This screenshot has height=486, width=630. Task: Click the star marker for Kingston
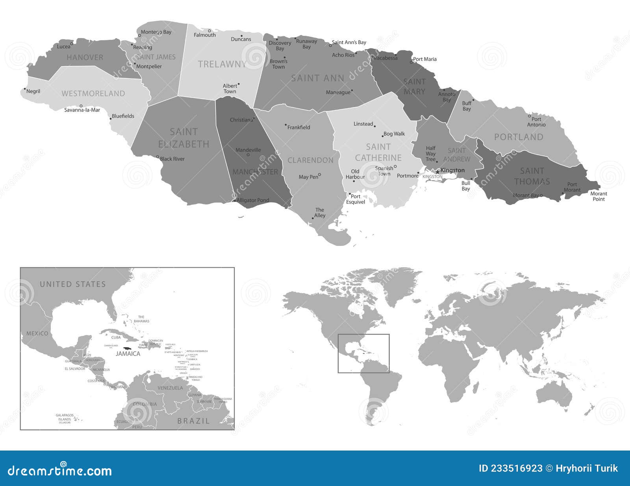(437, 172)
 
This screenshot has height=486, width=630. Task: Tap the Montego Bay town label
(156, 32)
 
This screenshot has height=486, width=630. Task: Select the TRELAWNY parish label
(222, 64)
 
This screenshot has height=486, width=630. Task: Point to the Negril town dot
(25, 89)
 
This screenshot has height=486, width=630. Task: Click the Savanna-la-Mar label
(82, 110)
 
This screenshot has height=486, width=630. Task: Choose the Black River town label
(172, 159)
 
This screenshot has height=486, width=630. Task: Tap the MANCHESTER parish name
(255, 172)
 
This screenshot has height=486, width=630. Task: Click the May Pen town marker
(319, 175)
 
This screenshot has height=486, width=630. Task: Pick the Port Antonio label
(536, 122)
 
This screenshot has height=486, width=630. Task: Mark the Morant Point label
(598, 196)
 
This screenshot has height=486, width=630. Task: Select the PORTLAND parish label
(519, 137)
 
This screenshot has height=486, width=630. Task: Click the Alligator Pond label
(253, 200)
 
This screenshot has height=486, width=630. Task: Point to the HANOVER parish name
(85, 58)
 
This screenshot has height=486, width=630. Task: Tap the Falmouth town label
(205, 35)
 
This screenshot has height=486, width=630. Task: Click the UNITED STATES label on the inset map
(73, 284)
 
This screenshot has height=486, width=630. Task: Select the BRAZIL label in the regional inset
(193, 421)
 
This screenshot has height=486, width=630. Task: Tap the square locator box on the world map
(363, 353)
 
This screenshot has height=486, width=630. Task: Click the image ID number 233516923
(510, 468)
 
